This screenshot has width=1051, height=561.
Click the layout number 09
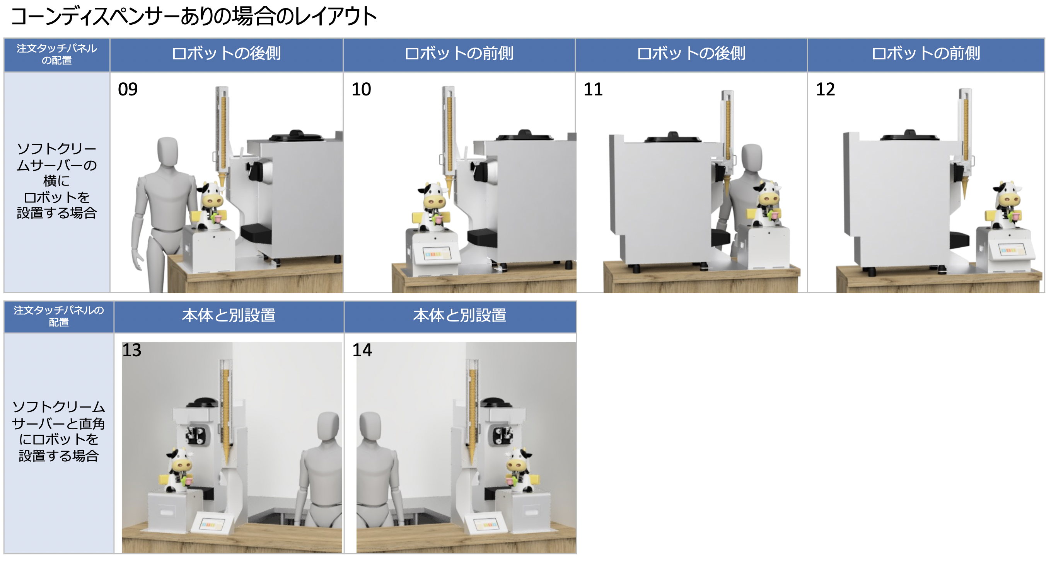coord(128,89)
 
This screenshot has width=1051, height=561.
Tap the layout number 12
coord(826,89)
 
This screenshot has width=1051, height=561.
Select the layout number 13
coord(132,350)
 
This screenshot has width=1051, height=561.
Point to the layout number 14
coord(362,350)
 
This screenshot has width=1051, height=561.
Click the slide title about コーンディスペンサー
coord(194,16)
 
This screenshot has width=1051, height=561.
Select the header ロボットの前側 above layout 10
coord(459,53)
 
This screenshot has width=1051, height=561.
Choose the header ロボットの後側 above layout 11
coord(691,53)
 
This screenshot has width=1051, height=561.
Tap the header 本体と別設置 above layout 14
coord(460,315)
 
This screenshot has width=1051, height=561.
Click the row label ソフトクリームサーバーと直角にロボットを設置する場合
coord(59,431)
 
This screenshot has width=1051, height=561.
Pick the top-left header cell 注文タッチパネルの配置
coord(57,54)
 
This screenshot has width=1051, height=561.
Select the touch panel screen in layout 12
coord(1012,250)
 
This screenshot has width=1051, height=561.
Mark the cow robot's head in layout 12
coord(1007,195)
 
